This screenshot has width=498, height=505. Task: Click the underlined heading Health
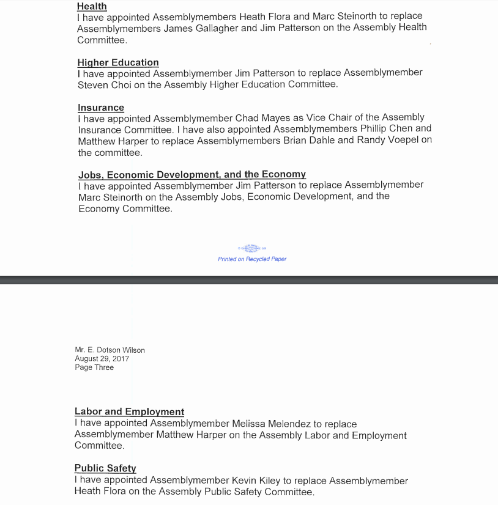coord(92,6)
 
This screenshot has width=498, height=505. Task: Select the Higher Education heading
coord(118,62)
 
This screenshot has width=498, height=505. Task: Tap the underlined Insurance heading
coord(101,108)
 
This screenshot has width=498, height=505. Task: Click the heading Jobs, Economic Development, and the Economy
coord(192,174)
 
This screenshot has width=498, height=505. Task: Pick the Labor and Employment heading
coord(129,411)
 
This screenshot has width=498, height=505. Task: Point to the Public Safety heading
coord(105,468)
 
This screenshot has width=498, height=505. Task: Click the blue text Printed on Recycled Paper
coord(252,259)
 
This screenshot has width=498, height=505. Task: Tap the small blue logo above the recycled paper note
coord(251,247)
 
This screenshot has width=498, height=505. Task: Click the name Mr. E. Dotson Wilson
coord(110,350)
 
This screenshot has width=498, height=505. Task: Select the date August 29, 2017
coord(102,359)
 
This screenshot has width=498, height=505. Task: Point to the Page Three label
coord(94,367)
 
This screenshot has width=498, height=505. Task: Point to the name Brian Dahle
coord(327,141)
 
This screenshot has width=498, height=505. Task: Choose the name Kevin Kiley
coord(258,480)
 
